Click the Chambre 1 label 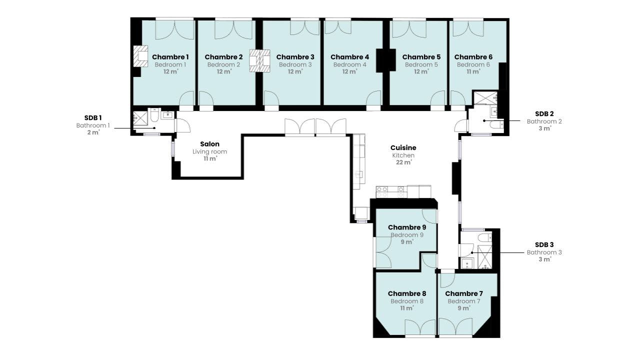click(x=170, y=57)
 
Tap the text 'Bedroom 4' click(x=349, y=65)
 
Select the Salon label click(x=209, y=144)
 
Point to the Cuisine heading click(x=403, y=147)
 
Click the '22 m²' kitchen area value click(x=403, y=162)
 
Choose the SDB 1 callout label click(x=93, y=117)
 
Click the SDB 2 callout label click(x=544, y=113)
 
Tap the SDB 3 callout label click(x=544, y=244)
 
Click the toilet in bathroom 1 click(x=154, y=115)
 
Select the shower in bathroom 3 click(x=485, y=257)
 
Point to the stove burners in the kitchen click(x=382, y=191)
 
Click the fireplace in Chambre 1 click(x=140, y=56)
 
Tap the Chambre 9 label click(x=407, y=227)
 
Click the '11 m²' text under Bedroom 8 click(x=407, y=308)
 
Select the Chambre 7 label click(x=464, y=293)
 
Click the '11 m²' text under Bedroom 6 click(x=473, y=71)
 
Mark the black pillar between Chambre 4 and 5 click(x=385, y=60)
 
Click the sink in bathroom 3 click(x=466, y=263)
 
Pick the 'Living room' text click(x=209, y=151)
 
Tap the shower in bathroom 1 click(x=140, y=118)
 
